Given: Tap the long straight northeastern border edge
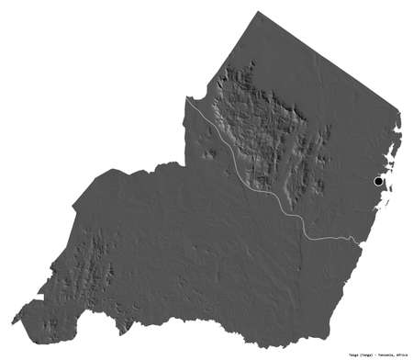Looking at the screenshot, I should (330, 64).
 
